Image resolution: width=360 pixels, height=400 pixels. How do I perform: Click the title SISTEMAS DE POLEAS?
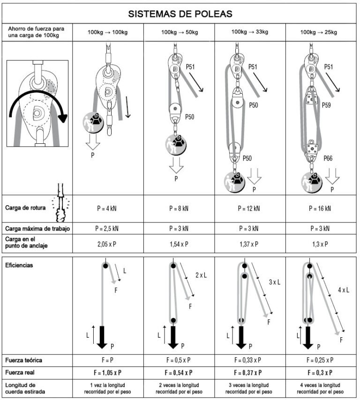[x=180, y=14]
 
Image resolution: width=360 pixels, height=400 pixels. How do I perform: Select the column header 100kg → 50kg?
[x=180, y=32]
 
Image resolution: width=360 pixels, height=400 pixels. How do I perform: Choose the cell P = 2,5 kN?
[x=108, y=229]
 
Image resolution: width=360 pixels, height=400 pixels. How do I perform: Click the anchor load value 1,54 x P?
[x=180, y=244]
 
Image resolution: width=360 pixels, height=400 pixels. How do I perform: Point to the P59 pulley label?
[x=328, y=105]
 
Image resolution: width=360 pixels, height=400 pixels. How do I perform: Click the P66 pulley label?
[x=328, y=159]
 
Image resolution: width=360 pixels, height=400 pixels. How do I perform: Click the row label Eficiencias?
[x=19, y=265]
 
